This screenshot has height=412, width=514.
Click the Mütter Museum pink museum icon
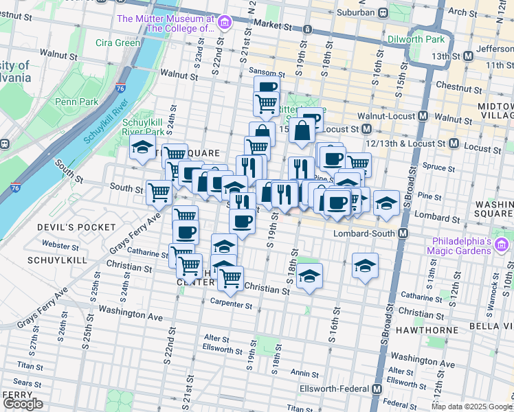coord(224,24)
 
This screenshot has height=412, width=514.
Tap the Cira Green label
coord(118,43)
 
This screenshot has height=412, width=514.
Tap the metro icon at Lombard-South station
coord(403,233)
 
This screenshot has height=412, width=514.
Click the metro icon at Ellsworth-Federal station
coord(377,389)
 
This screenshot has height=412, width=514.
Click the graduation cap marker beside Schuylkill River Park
coord(142,147)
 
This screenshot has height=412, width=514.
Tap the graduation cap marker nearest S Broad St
coord(387,202)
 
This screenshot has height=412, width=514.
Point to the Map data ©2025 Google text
coord(471,407)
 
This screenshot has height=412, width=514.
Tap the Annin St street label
coord(300,372)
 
